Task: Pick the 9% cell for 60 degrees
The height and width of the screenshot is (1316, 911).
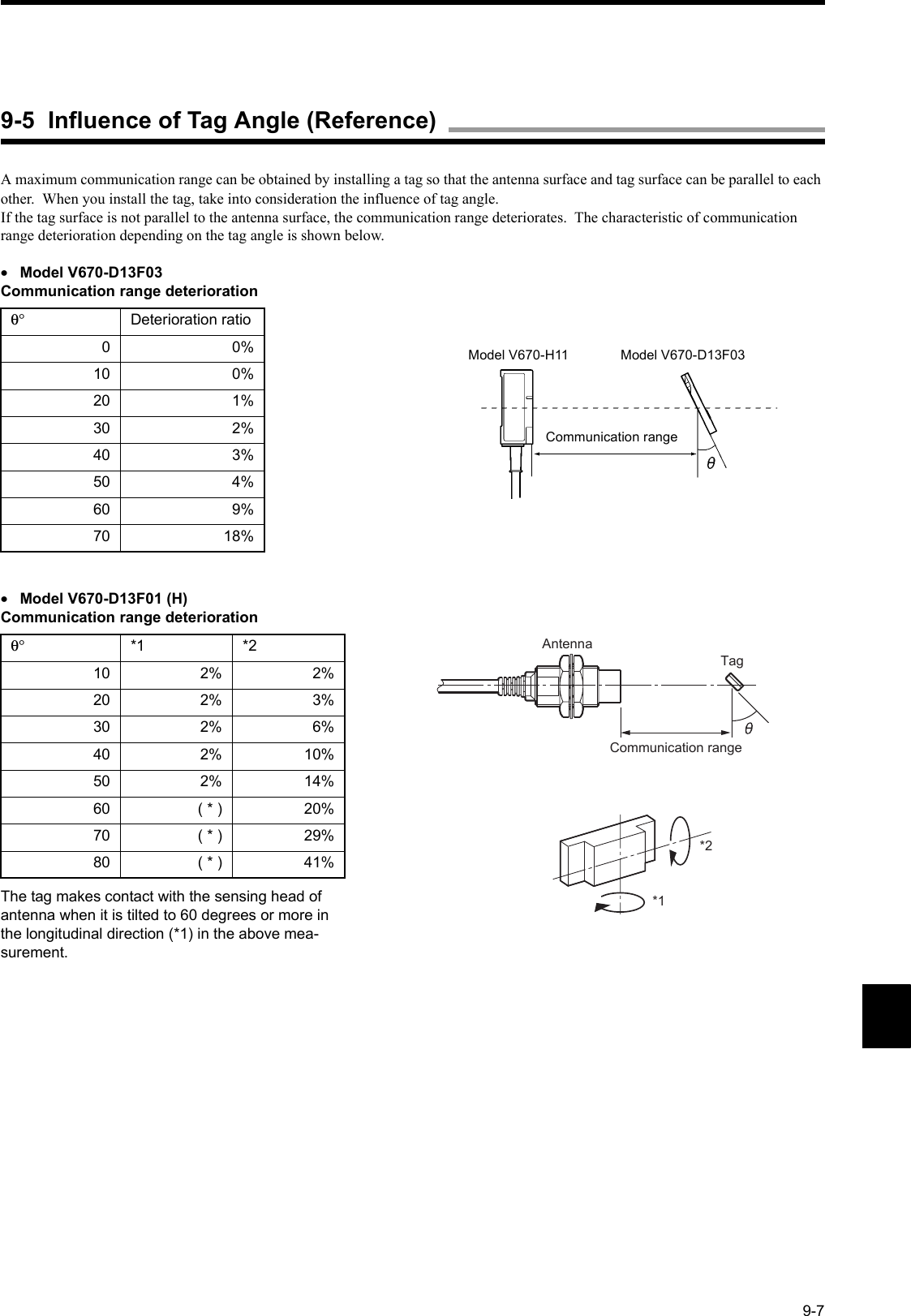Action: point(243,510)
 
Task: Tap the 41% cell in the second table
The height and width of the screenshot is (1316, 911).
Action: point(319,863)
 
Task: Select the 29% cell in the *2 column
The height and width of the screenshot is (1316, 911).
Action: point(319,836)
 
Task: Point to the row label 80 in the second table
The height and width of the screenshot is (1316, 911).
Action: point(101,863)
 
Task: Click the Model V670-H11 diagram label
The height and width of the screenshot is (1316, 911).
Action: point(518,355)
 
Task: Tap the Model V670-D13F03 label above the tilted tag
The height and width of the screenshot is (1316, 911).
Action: point(682,355)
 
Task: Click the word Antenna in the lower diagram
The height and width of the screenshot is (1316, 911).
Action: point(567,643)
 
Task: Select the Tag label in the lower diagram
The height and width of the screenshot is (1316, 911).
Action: point(732,661)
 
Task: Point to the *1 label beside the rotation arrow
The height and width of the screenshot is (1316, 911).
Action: point(659,899)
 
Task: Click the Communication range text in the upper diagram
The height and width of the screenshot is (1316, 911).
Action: point(611,437)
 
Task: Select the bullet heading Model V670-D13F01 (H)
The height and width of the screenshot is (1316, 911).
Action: point(103,600)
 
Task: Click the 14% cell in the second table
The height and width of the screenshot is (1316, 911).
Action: point(319,782)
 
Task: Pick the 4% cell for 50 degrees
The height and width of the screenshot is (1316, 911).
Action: point(243,482)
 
